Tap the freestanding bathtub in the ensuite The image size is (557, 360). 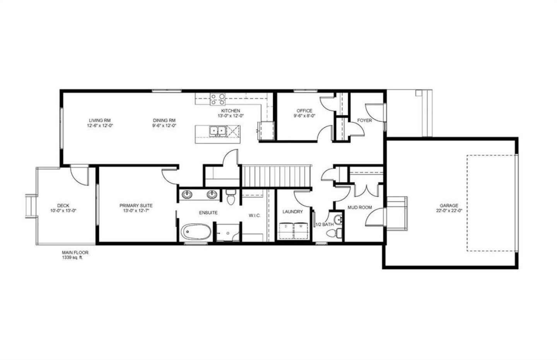196,232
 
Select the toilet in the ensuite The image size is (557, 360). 231,197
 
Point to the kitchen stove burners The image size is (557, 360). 218,99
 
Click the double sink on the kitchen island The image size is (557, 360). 217,131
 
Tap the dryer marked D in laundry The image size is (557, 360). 286,231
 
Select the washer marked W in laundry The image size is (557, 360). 301,231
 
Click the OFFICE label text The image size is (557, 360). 304,111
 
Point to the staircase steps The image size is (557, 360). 276,176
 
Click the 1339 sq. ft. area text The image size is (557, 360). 72,258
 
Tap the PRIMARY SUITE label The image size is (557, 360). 136,206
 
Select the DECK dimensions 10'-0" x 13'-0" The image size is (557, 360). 63,211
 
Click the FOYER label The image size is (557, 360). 364,120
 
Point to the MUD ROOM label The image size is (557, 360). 360,207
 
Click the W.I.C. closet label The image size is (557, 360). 255,215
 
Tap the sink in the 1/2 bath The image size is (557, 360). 338,220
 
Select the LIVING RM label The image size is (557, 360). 100,120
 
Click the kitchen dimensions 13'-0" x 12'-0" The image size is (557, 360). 231,116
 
